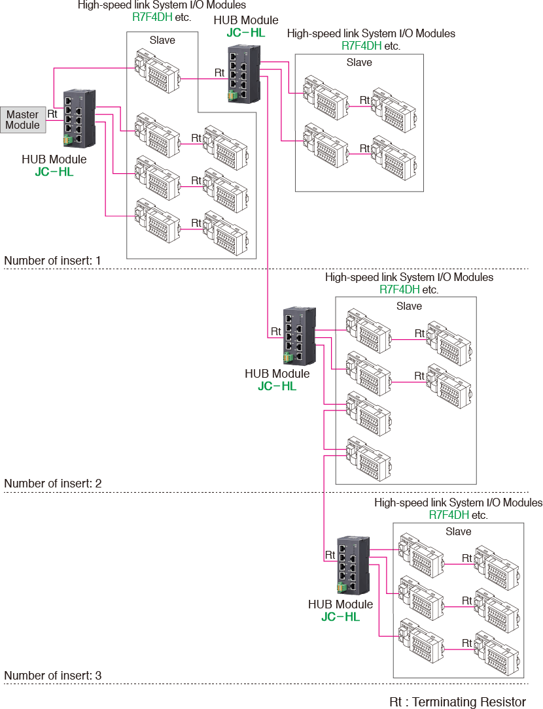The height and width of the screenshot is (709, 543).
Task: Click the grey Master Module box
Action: pos(23,120)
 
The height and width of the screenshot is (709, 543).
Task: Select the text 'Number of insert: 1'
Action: pos(52,261)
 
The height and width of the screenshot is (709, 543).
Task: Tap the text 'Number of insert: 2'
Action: pos(52,484)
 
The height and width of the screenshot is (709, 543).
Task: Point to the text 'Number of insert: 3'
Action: pos(52,675)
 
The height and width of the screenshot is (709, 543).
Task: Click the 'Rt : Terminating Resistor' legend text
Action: pos(457,702)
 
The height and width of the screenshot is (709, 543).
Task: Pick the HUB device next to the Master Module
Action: pos(79,119)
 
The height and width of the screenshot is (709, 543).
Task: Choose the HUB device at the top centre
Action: pos(243,73)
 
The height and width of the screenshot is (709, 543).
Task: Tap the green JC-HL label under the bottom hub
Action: pos(340,616)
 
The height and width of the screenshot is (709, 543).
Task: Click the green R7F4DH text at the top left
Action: pos(152,17)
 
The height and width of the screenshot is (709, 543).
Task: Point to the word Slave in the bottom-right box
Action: pos(458,531)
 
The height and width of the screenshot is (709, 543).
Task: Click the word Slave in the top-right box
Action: pos(359,63)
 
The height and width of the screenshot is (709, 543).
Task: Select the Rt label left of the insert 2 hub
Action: pos(276,332)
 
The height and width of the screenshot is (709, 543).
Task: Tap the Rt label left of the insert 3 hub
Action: pos(330,555)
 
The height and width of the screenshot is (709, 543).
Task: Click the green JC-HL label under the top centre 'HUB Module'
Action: pos(245,32)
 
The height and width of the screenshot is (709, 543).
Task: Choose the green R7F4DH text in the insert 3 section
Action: pos(449,515)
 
